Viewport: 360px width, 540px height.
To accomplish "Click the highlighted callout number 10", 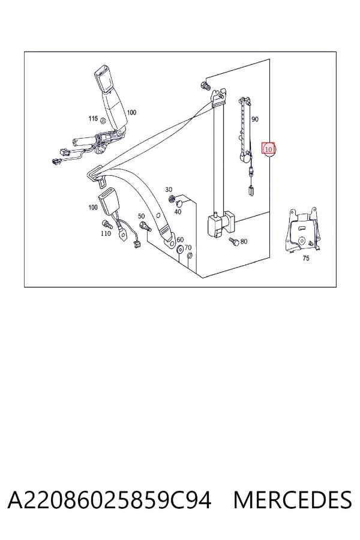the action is [268, 149].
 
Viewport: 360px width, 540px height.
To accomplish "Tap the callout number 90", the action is [254, 119].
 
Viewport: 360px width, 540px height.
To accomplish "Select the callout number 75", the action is [305, 258].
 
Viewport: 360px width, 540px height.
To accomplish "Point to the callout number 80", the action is [244, 241].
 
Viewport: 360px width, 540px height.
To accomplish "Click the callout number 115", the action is [93, 118].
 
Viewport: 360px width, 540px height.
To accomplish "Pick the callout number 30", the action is [169, 190].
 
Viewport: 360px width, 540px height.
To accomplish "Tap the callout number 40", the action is [178, 212].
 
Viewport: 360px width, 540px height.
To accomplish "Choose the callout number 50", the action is [141, 216].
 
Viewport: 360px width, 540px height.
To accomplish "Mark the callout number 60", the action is [180, 239].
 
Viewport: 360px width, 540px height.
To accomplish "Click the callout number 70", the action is [188, 248].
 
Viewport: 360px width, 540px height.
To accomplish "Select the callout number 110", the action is [106, 233].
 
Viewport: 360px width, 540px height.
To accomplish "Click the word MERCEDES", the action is [292, 500].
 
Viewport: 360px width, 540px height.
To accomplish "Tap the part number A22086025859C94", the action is [109, 500].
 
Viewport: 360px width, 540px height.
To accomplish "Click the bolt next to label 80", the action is [233, 241].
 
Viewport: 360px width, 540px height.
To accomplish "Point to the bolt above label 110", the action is [106, 224].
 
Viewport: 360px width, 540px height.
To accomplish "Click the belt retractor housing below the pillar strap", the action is [220, 224].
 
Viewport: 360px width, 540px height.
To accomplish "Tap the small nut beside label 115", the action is [103, 120].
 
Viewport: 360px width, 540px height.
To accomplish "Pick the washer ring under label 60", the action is [180, 250].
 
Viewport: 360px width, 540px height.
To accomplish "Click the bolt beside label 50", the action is [145, 227].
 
